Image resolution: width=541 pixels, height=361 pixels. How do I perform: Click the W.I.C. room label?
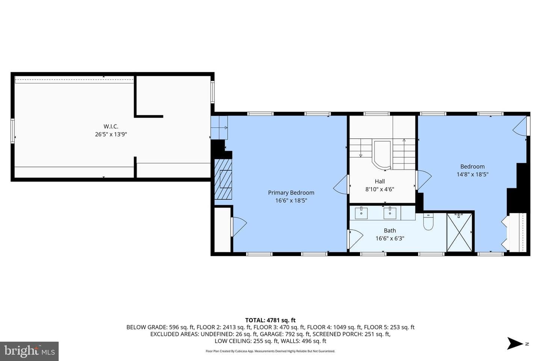coord(111,126)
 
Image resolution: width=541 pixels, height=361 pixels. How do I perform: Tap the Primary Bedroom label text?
coord(291,193)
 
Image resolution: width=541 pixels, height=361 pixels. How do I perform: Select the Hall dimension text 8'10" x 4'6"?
coord(380,189)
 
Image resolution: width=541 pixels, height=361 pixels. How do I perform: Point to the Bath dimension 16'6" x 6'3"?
coord(390,238)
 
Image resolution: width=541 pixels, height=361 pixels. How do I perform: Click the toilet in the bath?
coord(428,221)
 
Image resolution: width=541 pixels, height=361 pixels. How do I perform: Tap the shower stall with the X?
coord(459,233)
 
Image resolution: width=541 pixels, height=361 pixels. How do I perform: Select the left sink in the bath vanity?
coord(361,213)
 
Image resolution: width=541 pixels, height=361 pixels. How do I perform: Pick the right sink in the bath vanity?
coord(390,213)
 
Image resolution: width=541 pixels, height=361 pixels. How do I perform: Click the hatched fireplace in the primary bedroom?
coord(223,179)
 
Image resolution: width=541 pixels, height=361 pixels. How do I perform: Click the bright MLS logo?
coord(29,351)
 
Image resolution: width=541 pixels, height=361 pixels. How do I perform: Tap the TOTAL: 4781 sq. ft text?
coord(270,320)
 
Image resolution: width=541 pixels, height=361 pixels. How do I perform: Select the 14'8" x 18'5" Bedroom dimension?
coord(472,174)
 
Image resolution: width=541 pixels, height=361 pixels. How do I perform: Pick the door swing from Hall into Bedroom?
coord(423,180)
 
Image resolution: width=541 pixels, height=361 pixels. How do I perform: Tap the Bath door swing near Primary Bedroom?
coord(355,239)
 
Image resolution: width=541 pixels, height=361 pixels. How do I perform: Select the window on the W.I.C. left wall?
coord(12,131)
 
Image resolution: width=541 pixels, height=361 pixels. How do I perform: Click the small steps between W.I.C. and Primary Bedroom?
coord(219,127)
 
